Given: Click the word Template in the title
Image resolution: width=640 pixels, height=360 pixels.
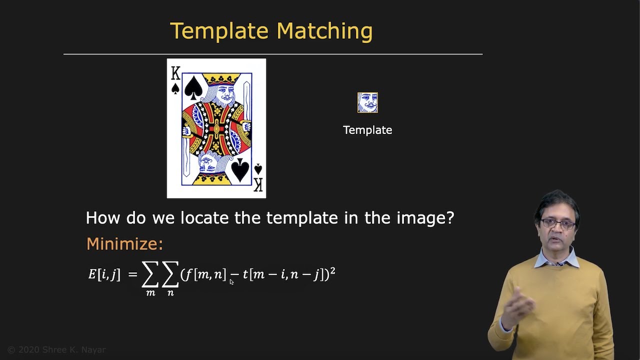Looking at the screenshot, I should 220,31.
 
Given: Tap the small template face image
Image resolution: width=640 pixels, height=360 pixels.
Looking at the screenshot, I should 367,102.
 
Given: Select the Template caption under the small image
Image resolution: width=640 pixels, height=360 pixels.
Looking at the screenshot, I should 367,130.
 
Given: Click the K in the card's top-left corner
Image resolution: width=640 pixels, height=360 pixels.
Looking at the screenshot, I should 175,74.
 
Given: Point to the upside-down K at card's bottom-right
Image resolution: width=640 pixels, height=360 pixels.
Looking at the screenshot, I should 258,183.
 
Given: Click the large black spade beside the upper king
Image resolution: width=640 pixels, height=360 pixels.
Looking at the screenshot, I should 193,87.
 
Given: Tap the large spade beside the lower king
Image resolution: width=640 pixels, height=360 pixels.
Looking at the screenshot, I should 240,169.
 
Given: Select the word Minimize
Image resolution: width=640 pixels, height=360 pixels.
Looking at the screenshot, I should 124,244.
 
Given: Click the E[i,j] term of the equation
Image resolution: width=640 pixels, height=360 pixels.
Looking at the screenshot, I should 104,274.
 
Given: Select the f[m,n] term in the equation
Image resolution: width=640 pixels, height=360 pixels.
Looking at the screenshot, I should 205,274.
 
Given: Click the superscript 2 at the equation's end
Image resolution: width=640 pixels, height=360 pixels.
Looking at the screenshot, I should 332,270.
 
